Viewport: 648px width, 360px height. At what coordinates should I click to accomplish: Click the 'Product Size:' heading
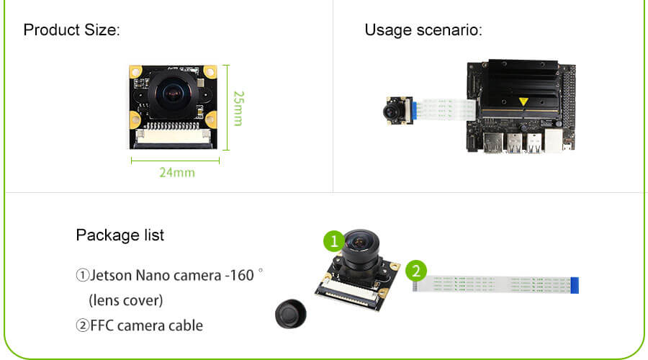pyautogui.click(x=71, y=30)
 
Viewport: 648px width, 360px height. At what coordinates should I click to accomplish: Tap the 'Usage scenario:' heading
pyautogui.click(x=423, y=30)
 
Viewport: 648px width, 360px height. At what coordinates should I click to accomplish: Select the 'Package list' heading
pyautogui.click(x=120, y=235)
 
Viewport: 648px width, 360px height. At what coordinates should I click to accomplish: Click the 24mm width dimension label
pyautogui.click(x=176, y=173)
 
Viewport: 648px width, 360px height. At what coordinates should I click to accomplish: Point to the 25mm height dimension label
pyautogui.click(x=238, y=108)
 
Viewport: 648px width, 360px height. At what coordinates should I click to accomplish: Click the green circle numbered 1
pyautogui.click(x=333, y=240)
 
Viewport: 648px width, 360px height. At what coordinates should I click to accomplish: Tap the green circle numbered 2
pyautogui.click(x=415, y=271)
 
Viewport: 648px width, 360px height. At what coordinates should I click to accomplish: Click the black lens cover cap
pyautogui.click(x=290, y=315)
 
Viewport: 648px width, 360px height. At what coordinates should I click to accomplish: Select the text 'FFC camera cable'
pyautogui.click(x=146, y=325)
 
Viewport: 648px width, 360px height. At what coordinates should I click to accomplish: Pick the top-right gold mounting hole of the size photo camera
pyautogui.click(x=210, y=72)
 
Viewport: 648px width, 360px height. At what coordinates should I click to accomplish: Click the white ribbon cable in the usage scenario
pyautogui.click(x=446, y=109)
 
